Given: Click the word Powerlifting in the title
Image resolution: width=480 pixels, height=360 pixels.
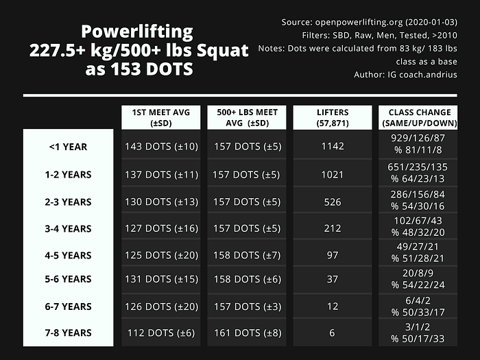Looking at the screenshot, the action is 137,32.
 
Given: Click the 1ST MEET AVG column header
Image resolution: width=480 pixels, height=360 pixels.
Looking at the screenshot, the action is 161,117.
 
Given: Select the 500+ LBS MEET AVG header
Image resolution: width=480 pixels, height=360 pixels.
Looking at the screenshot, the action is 247,117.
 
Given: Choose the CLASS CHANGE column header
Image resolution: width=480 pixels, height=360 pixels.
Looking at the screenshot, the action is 418,117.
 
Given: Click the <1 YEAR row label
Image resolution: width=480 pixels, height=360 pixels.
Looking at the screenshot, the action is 69,147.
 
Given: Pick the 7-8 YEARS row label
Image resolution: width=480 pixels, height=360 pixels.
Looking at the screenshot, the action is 69,333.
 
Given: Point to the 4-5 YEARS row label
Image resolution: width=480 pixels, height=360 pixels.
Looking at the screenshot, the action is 69,255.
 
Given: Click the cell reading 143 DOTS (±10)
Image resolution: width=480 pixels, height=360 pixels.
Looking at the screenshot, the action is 161,147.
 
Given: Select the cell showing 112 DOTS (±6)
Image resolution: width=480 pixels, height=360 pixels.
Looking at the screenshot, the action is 161,333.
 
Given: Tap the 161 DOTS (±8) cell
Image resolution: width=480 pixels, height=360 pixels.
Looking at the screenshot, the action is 248,333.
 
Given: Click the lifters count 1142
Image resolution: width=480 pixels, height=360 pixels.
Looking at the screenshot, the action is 333,146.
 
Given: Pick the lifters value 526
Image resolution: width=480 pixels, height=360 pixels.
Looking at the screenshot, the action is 333,202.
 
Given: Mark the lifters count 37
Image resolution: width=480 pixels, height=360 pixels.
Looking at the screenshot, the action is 333,279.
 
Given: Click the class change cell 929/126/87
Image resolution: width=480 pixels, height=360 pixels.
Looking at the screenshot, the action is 418,138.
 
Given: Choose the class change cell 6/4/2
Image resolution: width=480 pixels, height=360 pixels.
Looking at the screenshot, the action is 418,300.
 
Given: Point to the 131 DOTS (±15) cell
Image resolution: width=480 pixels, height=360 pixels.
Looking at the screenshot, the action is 161,279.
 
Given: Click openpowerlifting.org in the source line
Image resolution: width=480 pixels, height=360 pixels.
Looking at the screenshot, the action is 359,23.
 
